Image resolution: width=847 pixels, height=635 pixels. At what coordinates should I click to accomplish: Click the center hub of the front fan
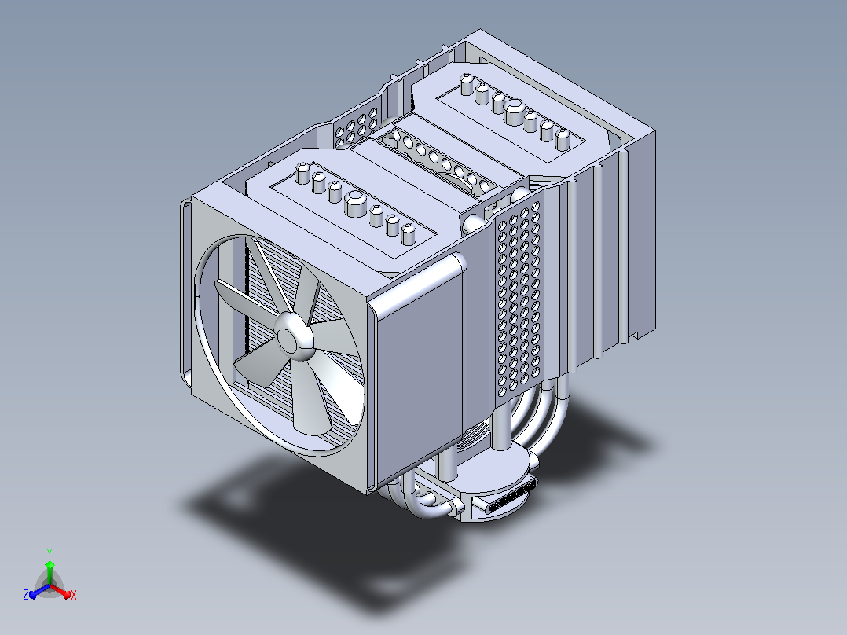click(x=293, y=337)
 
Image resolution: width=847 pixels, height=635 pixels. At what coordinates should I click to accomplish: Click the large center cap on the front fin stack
click(x=355, y=203)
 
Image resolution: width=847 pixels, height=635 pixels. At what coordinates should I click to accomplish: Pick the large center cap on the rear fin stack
click(x=515, y=112)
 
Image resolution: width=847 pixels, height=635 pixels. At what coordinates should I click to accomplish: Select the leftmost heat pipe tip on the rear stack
click(x=467, y=84)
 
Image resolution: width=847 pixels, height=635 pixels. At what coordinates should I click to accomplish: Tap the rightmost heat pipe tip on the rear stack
click(x=563, y=139)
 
